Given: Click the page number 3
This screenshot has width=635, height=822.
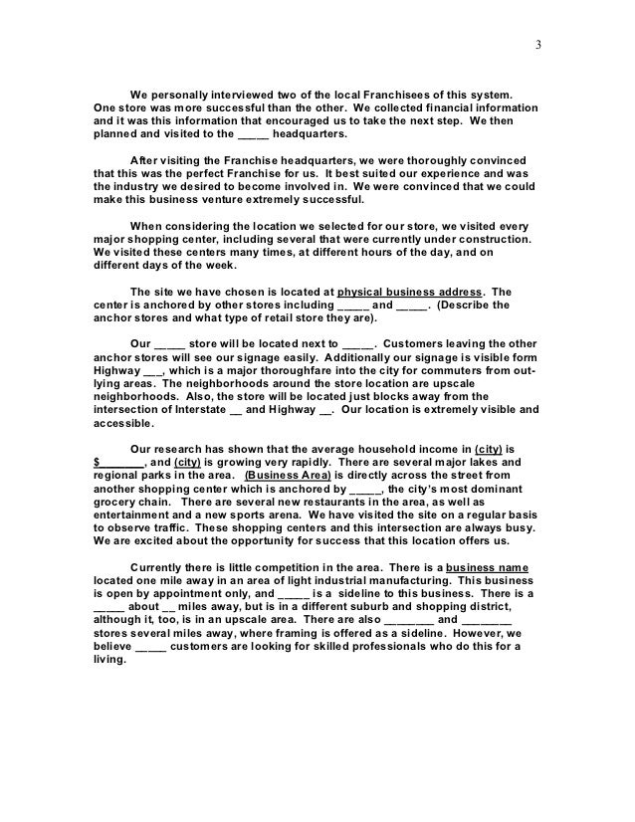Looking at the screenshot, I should click(x=537, y=43).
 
